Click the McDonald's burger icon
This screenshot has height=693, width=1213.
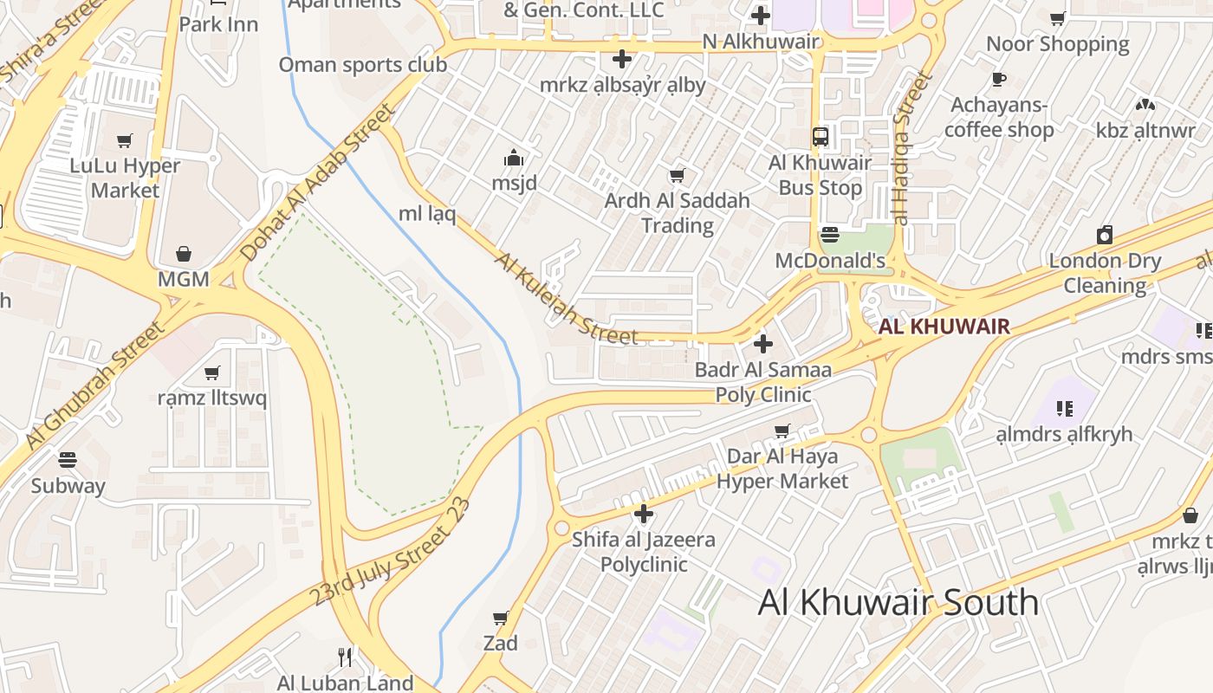point(830,235)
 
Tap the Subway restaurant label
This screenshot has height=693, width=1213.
point(68,485)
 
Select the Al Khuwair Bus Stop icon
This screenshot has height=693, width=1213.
point(820,137)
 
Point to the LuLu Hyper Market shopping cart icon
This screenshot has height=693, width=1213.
point(125,140)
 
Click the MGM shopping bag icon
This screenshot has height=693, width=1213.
point(184,254)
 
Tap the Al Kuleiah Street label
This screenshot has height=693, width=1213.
point(565,300)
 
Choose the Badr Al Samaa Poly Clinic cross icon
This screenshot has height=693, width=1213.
point(762,345)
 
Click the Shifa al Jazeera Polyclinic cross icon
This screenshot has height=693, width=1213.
point(643,515)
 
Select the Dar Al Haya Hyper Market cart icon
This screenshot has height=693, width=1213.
point(782,431)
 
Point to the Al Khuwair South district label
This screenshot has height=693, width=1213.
point(898,602)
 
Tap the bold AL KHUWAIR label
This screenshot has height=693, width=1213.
point(944,327)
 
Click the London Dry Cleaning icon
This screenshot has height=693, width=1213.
point(1105,235)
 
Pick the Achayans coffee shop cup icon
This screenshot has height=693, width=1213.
point(999,80)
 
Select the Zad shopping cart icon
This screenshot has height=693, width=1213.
point(500,618)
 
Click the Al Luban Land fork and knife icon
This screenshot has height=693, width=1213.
point(345,657)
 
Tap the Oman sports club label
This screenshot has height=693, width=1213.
point(362,65)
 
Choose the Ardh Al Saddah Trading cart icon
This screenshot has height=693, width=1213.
point(678,176)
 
